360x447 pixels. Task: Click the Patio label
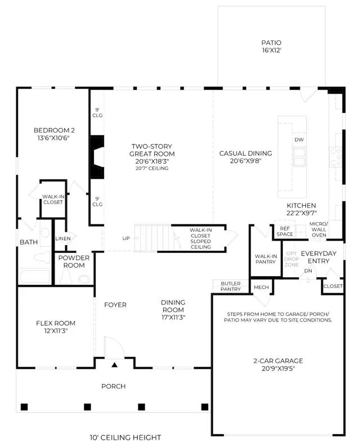tap(271, 47)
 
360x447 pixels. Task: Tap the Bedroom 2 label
tap(54, 134)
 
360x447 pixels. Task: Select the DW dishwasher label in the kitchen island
tap(299, 139)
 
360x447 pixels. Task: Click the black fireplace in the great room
tap(97, 157)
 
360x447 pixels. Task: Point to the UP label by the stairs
tap(126, 238)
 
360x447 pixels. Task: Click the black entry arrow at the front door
tap(114, 364)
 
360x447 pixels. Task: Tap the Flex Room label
tap(56, 327)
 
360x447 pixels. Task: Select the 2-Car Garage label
tap(278, 364)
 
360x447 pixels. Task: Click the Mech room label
tap(262, 287)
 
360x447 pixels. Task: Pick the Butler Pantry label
tap(231, 286)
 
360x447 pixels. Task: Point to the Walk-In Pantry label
tap(265, 259)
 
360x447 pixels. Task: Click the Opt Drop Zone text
tap(291, 259)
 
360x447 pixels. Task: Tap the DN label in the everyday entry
tap(308, 271)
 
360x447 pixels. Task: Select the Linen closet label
tap(63, 238)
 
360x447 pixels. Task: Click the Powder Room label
tap(74, 261)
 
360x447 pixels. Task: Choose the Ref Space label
tap(285, 231)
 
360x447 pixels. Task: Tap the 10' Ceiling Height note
tap(125, 437)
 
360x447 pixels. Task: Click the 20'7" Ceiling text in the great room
tap(152, 169)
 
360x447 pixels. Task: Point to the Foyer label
tap(115, 305)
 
